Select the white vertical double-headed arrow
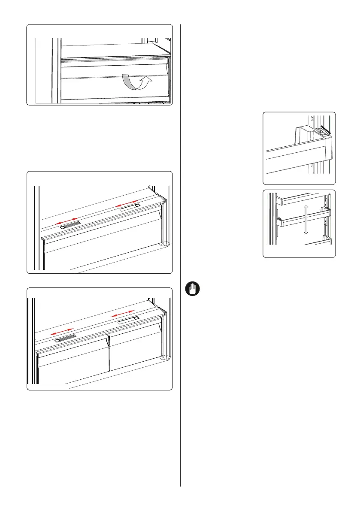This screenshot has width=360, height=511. tap(306, 219)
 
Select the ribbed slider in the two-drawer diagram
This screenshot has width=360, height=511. tap(66, 338)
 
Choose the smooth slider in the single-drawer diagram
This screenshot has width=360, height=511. tap(129, 208)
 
